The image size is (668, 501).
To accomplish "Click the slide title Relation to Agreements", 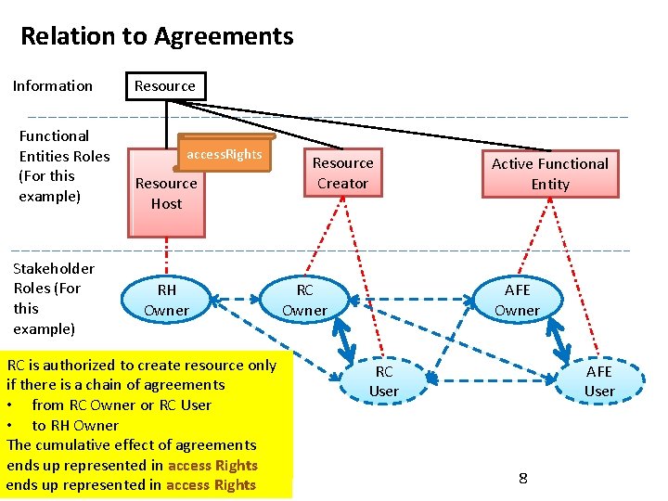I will [157, 37].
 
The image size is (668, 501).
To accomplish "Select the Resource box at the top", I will [165, 86].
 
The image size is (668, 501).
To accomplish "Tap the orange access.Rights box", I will [225, 155].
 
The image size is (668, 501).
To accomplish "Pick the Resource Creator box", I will [342, 173].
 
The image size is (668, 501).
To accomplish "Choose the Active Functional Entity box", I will [549, 173].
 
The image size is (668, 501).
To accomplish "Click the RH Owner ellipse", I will [166, 300].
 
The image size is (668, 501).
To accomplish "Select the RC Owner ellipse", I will [304, 300].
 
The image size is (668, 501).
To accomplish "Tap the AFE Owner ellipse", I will [516, 300].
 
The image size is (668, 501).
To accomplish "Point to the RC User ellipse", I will [383, 380].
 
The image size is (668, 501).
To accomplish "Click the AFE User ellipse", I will [598, 380].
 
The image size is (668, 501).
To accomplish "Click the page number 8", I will [523, 479].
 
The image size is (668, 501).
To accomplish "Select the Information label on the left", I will [53, 86].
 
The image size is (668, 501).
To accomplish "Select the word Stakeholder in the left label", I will [54, 269].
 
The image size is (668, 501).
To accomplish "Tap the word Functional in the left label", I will [54, 136].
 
